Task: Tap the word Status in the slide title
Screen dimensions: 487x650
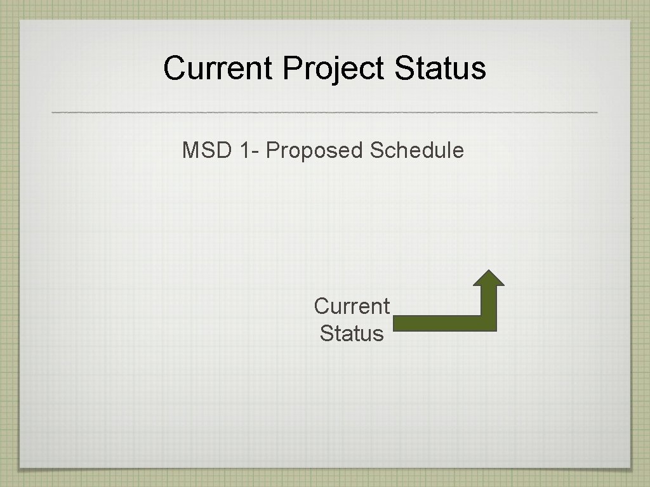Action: pyautogui.click(x=440, y=68)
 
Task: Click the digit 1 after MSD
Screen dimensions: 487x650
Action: pyautogui.click(x=246, y=151)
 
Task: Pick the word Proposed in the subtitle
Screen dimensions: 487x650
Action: pyautogui.click(x=315, y=151)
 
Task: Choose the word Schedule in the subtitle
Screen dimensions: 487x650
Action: pyautogui.click(x=417, y=151)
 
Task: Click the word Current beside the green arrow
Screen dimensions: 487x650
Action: pyautogui.click(x=352, y=306)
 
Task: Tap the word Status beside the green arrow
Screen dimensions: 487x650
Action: pyautogui.click(x=352, y=334)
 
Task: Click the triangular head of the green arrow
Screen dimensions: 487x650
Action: pyautogui.click(x=489, y=278)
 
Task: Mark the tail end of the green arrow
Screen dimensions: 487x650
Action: pyautogui.click(x=397, y=323)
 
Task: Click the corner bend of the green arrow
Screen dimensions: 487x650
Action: pyautogui.click(x=488, y=323)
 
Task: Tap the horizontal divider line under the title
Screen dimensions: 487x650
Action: pyautogui.click(x=324, y=112)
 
